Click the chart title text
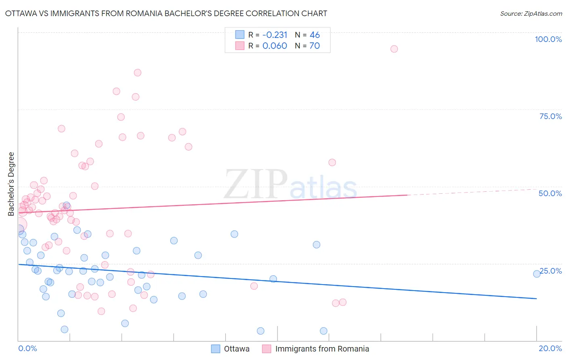coord(166,13)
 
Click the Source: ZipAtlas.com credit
coord(531,13)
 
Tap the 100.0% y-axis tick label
coord(548,39)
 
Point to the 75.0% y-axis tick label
coord(550,116)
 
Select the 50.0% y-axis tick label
coord(550,193)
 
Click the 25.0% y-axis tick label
coord(551,271)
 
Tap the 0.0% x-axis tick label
coord(27,348)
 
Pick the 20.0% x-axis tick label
coord(550,348)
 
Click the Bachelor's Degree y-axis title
coord(11,184)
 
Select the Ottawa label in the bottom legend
coord(237,349)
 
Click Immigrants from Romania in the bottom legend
coord(322,349)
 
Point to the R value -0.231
coord(275,35)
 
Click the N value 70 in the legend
coord(315,46)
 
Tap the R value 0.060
coord(275,46)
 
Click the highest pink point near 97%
coord(394,49)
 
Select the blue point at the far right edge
coord(537,274)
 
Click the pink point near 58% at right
coord(332,162)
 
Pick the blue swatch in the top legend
coord(240,35)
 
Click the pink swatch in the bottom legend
coord(266,349)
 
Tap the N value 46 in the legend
coord(315,35)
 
